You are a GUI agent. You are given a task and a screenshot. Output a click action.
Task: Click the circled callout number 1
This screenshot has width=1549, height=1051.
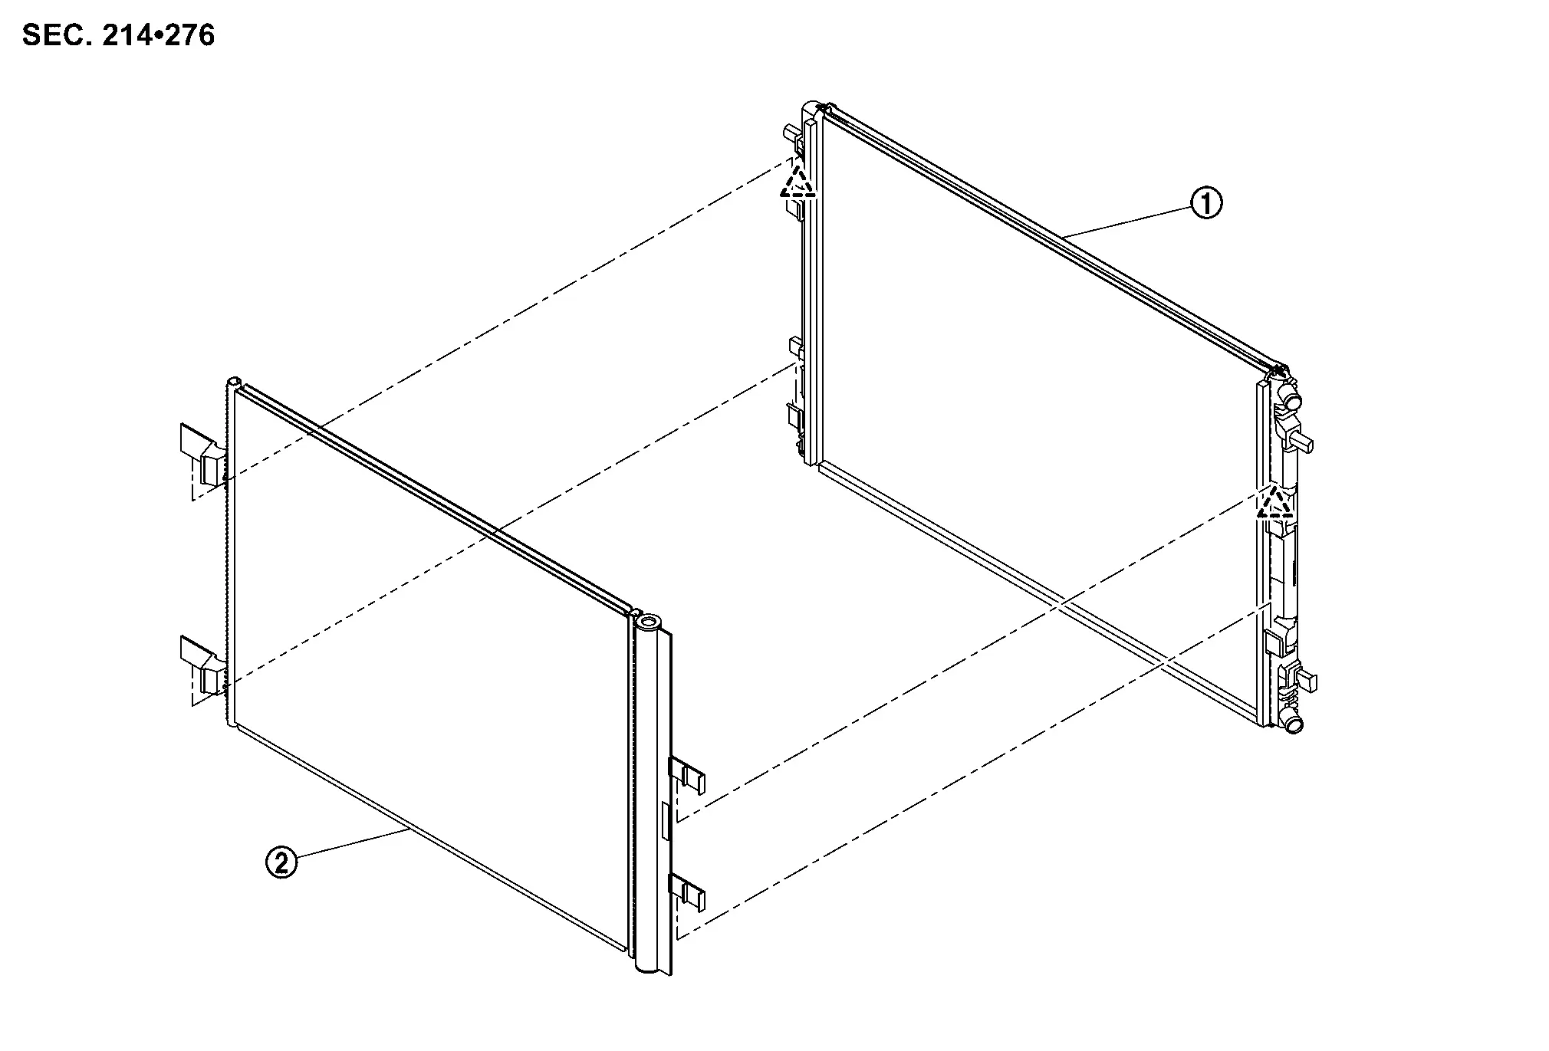pyautogui.click(x=1205, y=203)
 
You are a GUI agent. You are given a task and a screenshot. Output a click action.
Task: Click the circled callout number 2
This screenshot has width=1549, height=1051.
pyautogui.click(x=281, y=863)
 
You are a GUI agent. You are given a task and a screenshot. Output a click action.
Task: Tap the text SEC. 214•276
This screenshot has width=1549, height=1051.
pyautogui.click(x=119, y=35)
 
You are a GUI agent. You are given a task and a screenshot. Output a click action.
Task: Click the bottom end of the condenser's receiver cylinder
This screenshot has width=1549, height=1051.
pyautogui.click(x=649, y=967)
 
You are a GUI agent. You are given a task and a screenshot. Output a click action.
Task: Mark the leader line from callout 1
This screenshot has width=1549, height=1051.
pyautogui.click(x=1126, y=218)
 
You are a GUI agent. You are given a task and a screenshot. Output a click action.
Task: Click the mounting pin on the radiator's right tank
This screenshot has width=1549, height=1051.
pyautogui.click(x=1304, y=442)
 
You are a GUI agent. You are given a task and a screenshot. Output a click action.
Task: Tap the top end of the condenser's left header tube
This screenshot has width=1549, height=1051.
pyautogui.click(x=233, y=382)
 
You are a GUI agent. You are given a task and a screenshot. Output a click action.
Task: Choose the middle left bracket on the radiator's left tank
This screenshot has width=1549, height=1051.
pyautogui.click(x=795, y=418)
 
